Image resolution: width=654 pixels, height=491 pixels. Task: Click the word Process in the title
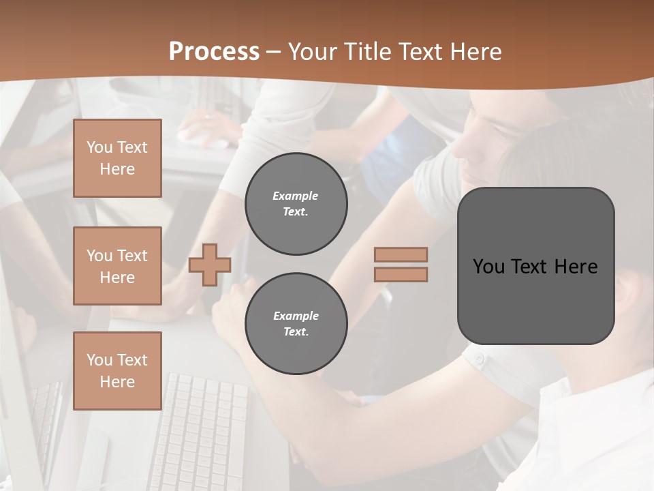pyautogui.click(x=214, y=51)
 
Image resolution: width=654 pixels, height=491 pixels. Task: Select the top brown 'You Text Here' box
pyautogui.click(x=117, y=158)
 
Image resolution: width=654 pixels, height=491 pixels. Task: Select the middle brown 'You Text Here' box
pyautogui.click(x=117, y=266)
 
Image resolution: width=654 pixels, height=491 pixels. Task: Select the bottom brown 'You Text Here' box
pyautogui.click(x=117, y=371)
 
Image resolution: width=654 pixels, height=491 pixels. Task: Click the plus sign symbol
pyautogui.click(x=210, y=265)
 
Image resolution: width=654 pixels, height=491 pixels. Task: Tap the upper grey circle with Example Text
pyautogui.click(x=296, y=204)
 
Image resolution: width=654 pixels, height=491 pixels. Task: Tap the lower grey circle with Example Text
pyautogui.click(x=296, y=324)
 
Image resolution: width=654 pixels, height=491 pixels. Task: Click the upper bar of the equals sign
pyautogui.click(x=401, y=255)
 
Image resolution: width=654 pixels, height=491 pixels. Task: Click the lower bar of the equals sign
pyautogui.click(x=401, y=274)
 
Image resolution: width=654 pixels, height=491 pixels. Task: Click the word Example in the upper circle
pyautogui.click(x=296, y=196)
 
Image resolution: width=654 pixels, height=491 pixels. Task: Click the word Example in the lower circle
pyautogui.click(x=296, y=316)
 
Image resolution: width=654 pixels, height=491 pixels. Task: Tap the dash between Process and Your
pyautogui.click(x=273, y=52)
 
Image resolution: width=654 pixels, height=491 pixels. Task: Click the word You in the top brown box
pyautogui.click(x=99, y=147)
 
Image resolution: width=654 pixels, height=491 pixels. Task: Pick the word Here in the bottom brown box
pyautogui.click(x=117, y=382)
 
